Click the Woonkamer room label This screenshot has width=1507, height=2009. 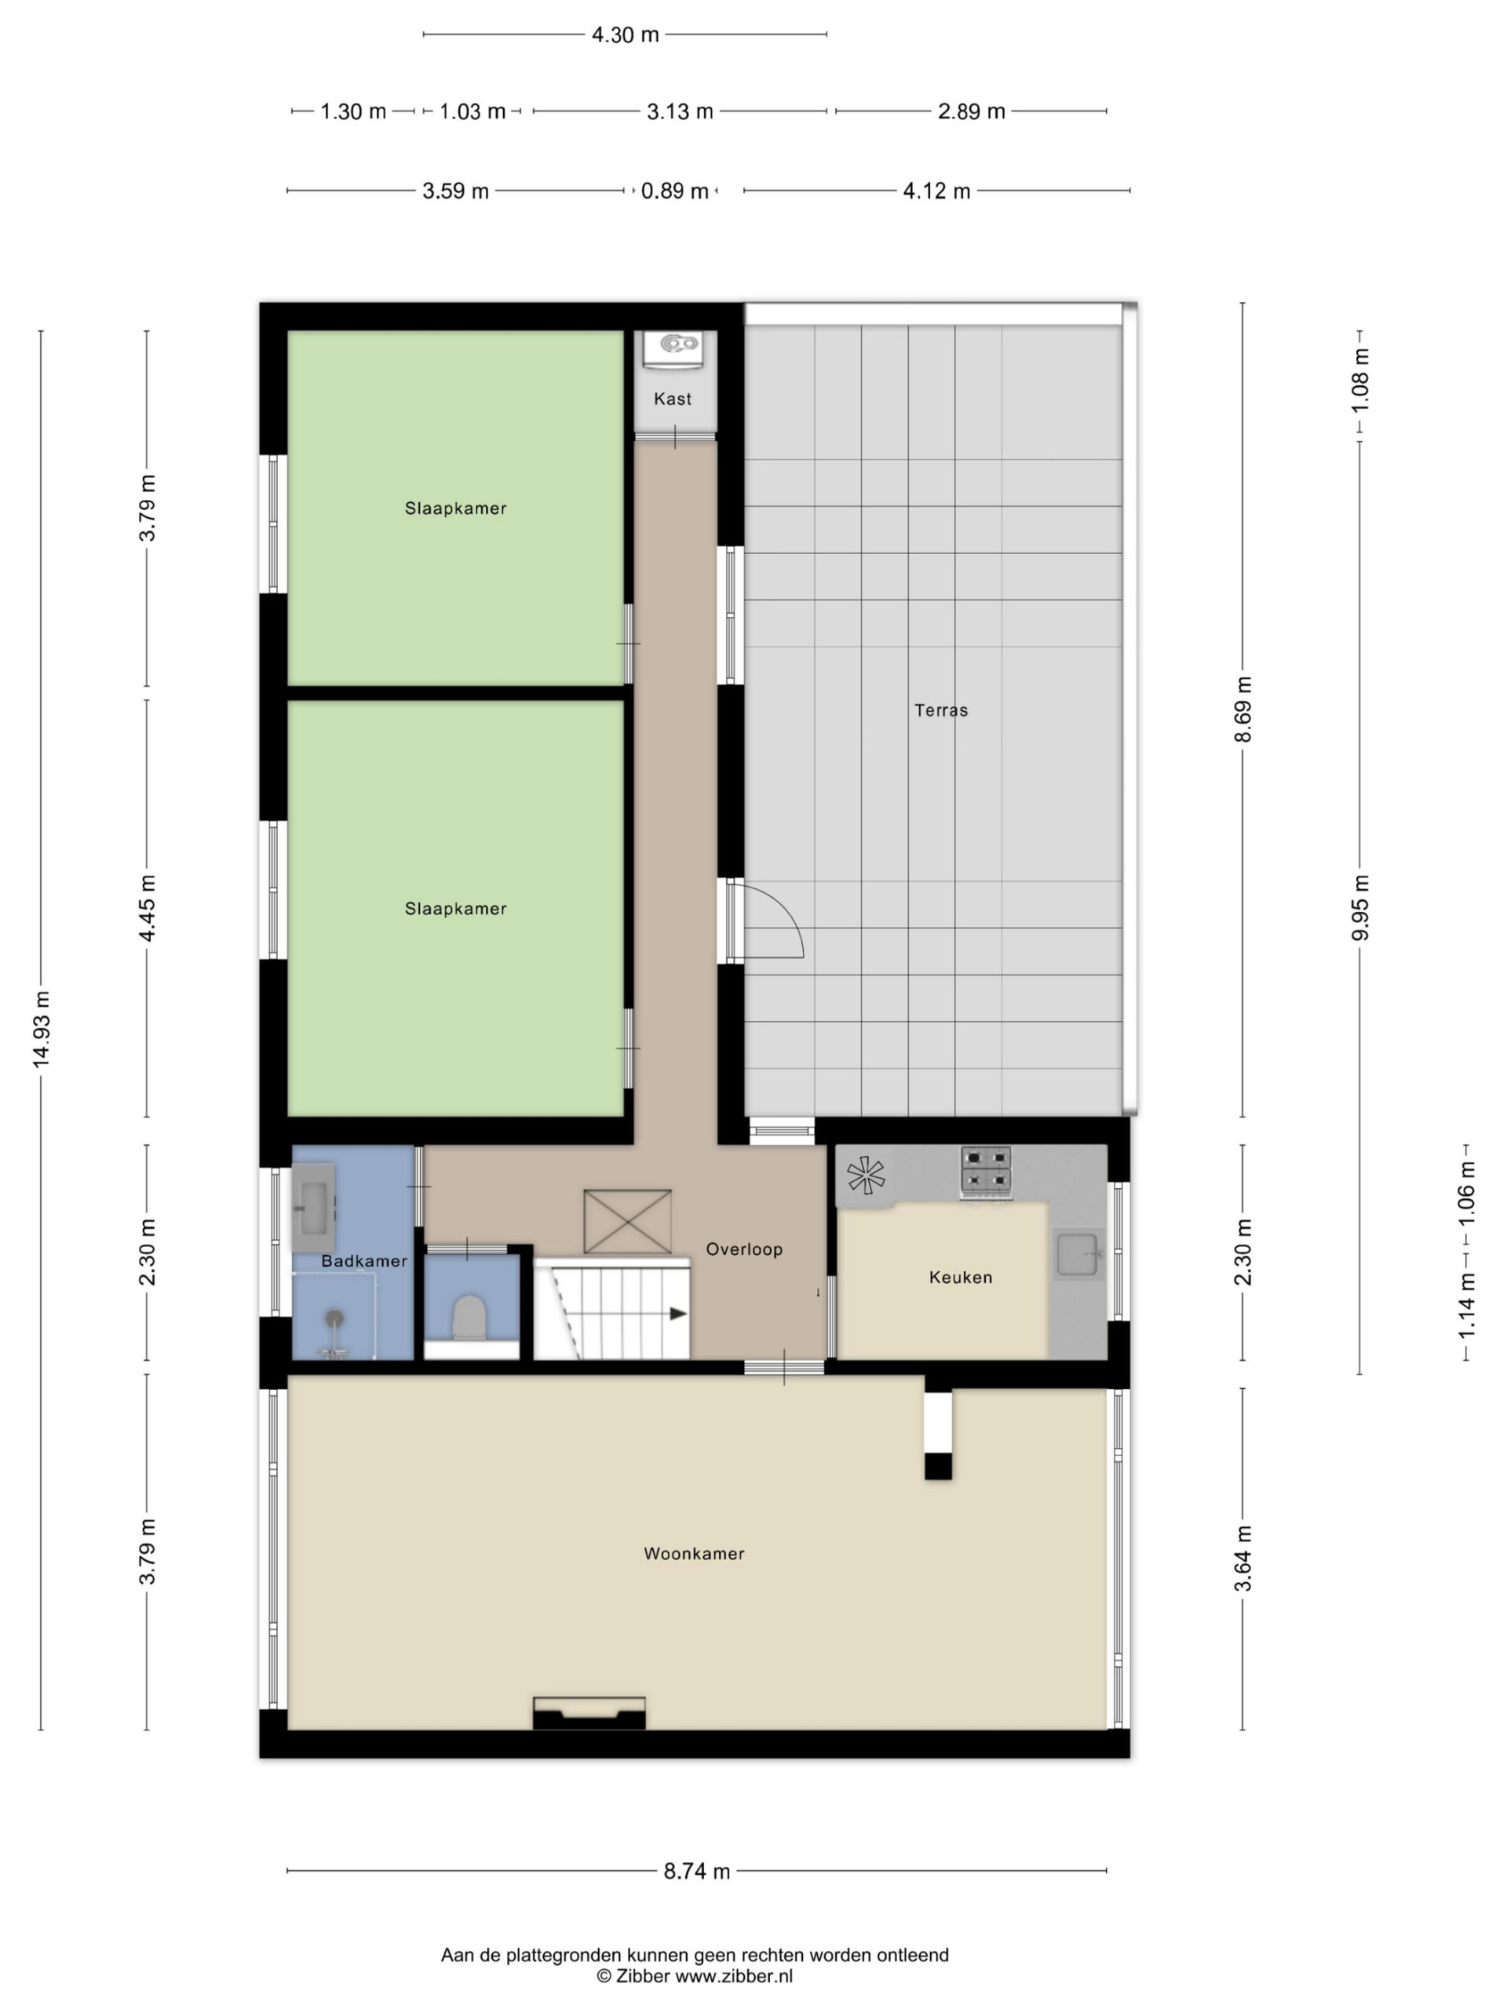click(x=694, y=1554)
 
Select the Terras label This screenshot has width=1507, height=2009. click(x=941, y=710)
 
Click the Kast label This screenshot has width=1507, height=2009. click(x=672, y=399)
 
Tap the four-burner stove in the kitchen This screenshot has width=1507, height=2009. click(x=986, y=1171)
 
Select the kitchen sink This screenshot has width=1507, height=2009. click(x=1078, y=1254)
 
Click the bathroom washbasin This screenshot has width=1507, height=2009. click(x=313, y=1208)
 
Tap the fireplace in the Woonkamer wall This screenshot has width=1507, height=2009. click(x=589, y=1713)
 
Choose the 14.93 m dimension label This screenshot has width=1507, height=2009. click(x=42, y=1030)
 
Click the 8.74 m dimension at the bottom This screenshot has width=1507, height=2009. click(x=697, y=1871)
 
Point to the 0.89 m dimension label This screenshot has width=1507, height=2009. click(x=675, y=191)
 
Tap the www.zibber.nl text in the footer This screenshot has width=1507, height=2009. click(x=734, y=1976)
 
